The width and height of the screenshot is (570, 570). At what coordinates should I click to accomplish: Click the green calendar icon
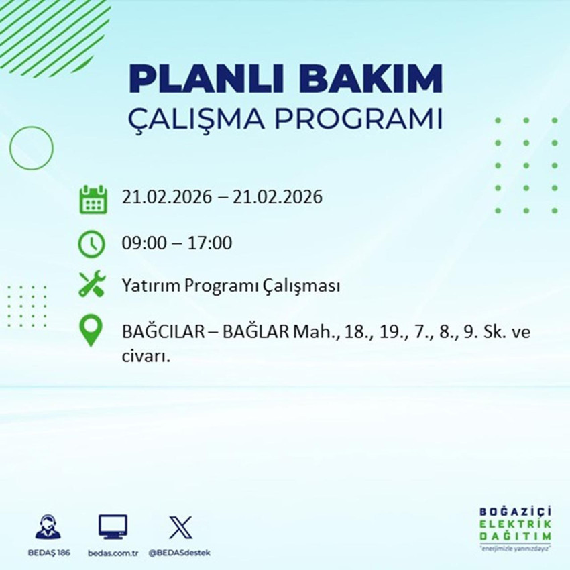[93, 199]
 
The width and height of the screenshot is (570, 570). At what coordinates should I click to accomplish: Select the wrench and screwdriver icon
[93, 285]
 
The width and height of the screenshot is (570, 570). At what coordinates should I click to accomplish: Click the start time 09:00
[141, 243]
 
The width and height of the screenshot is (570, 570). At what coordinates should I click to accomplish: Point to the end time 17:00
[212, 243]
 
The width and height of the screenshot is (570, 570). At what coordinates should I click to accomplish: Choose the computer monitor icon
[113, 528]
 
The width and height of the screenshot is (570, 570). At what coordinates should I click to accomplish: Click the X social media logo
[180, 528]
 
